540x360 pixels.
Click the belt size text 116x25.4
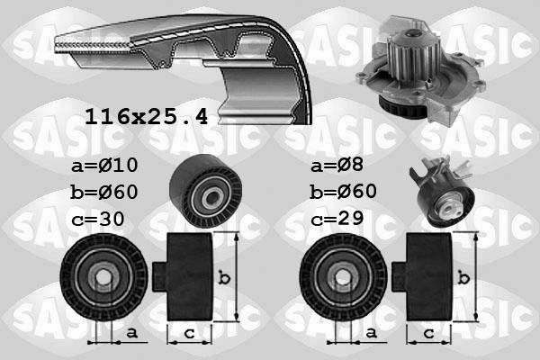coord(146,116)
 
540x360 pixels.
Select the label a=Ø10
coord(106,166)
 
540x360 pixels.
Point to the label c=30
coord(100,219)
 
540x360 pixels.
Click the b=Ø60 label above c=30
coord(106,193)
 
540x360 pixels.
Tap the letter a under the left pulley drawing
coord(131,333)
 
